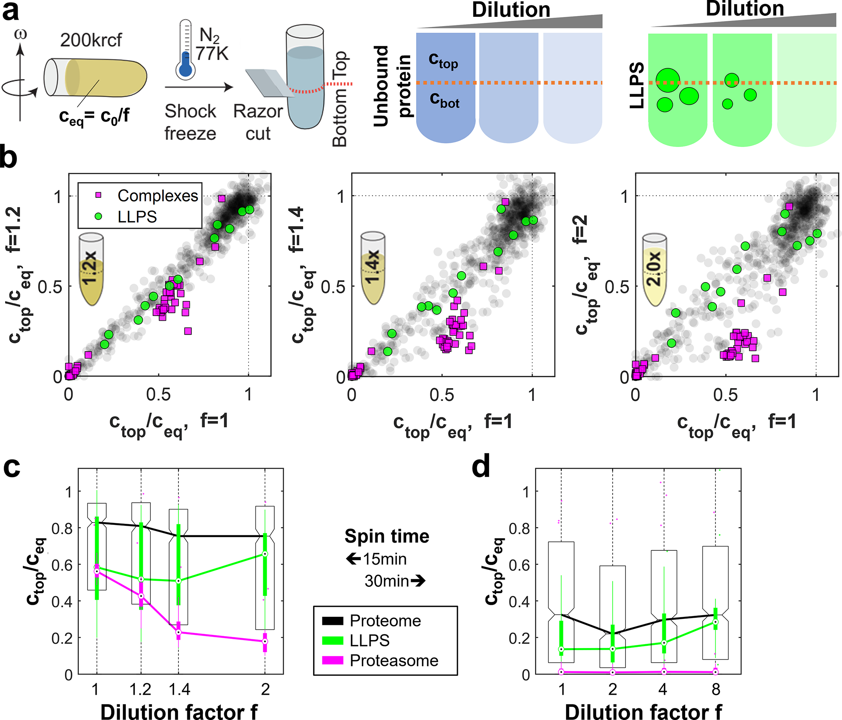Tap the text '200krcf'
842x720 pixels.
coord(91,40)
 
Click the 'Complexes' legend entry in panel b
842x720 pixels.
coord(157,196)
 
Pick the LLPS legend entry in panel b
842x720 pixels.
coord(137,217)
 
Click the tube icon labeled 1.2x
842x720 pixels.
coord(91,269)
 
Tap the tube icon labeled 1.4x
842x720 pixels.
coord(372,267)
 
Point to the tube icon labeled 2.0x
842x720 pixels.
coord(654,270)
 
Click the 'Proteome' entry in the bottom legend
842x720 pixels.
coord(385,621)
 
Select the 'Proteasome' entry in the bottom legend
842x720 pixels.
coord(394,661)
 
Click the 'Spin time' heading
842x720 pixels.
coord(387,536)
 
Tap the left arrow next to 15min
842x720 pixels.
coord(353,559)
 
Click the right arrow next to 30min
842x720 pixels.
coord(418,581)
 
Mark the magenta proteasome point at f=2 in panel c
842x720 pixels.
coord(265,641)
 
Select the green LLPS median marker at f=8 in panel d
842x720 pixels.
coord(716,622)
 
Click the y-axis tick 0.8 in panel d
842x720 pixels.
coord(518,528)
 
